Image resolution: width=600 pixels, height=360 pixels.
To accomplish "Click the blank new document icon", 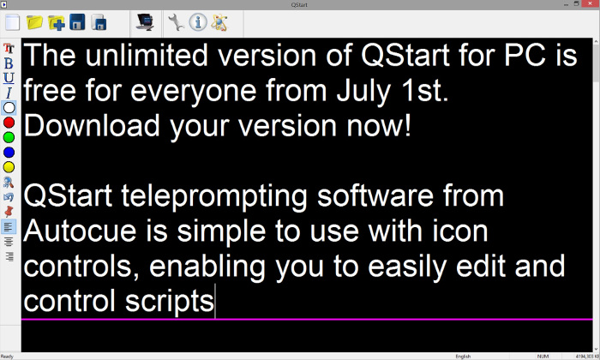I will pyautogui.click(x=14, y=21).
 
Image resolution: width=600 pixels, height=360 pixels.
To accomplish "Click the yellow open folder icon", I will pyautogui.click(x=35, y=21).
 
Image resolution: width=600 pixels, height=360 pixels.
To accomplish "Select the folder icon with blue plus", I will pyautogui.click(x=57, y=21).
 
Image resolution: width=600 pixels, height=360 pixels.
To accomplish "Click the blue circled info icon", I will pyautogui.click(x=197, y=21).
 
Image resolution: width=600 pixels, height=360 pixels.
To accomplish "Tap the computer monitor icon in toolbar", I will pyautogui.click(x=145, y=21).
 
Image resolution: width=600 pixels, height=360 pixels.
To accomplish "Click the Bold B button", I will pyautogui.click(x=9, y=63).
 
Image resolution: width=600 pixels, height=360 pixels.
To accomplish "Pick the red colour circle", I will pyautogui.click(x=9, y=123).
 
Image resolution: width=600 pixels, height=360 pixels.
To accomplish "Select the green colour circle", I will pyautogui.click(x=9, y=137).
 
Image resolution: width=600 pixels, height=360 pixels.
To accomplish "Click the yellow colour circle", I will pyautogui.click(x=9, y=166).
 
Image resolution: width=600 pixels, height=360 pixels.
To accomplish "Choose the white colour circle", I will pyautogui.click(x=9, y=108).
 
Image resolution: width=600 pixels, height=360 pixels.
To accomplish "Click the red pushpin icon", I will pyautogui.click(x=9, y=211).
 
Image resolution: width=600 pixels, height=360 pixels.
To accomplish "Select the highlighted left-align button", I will pyautogui.click(x=9, y=226).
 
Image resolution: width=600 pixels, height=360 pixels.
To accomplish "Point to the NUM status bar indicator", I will pyautogui.click(x=543, y=355).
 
